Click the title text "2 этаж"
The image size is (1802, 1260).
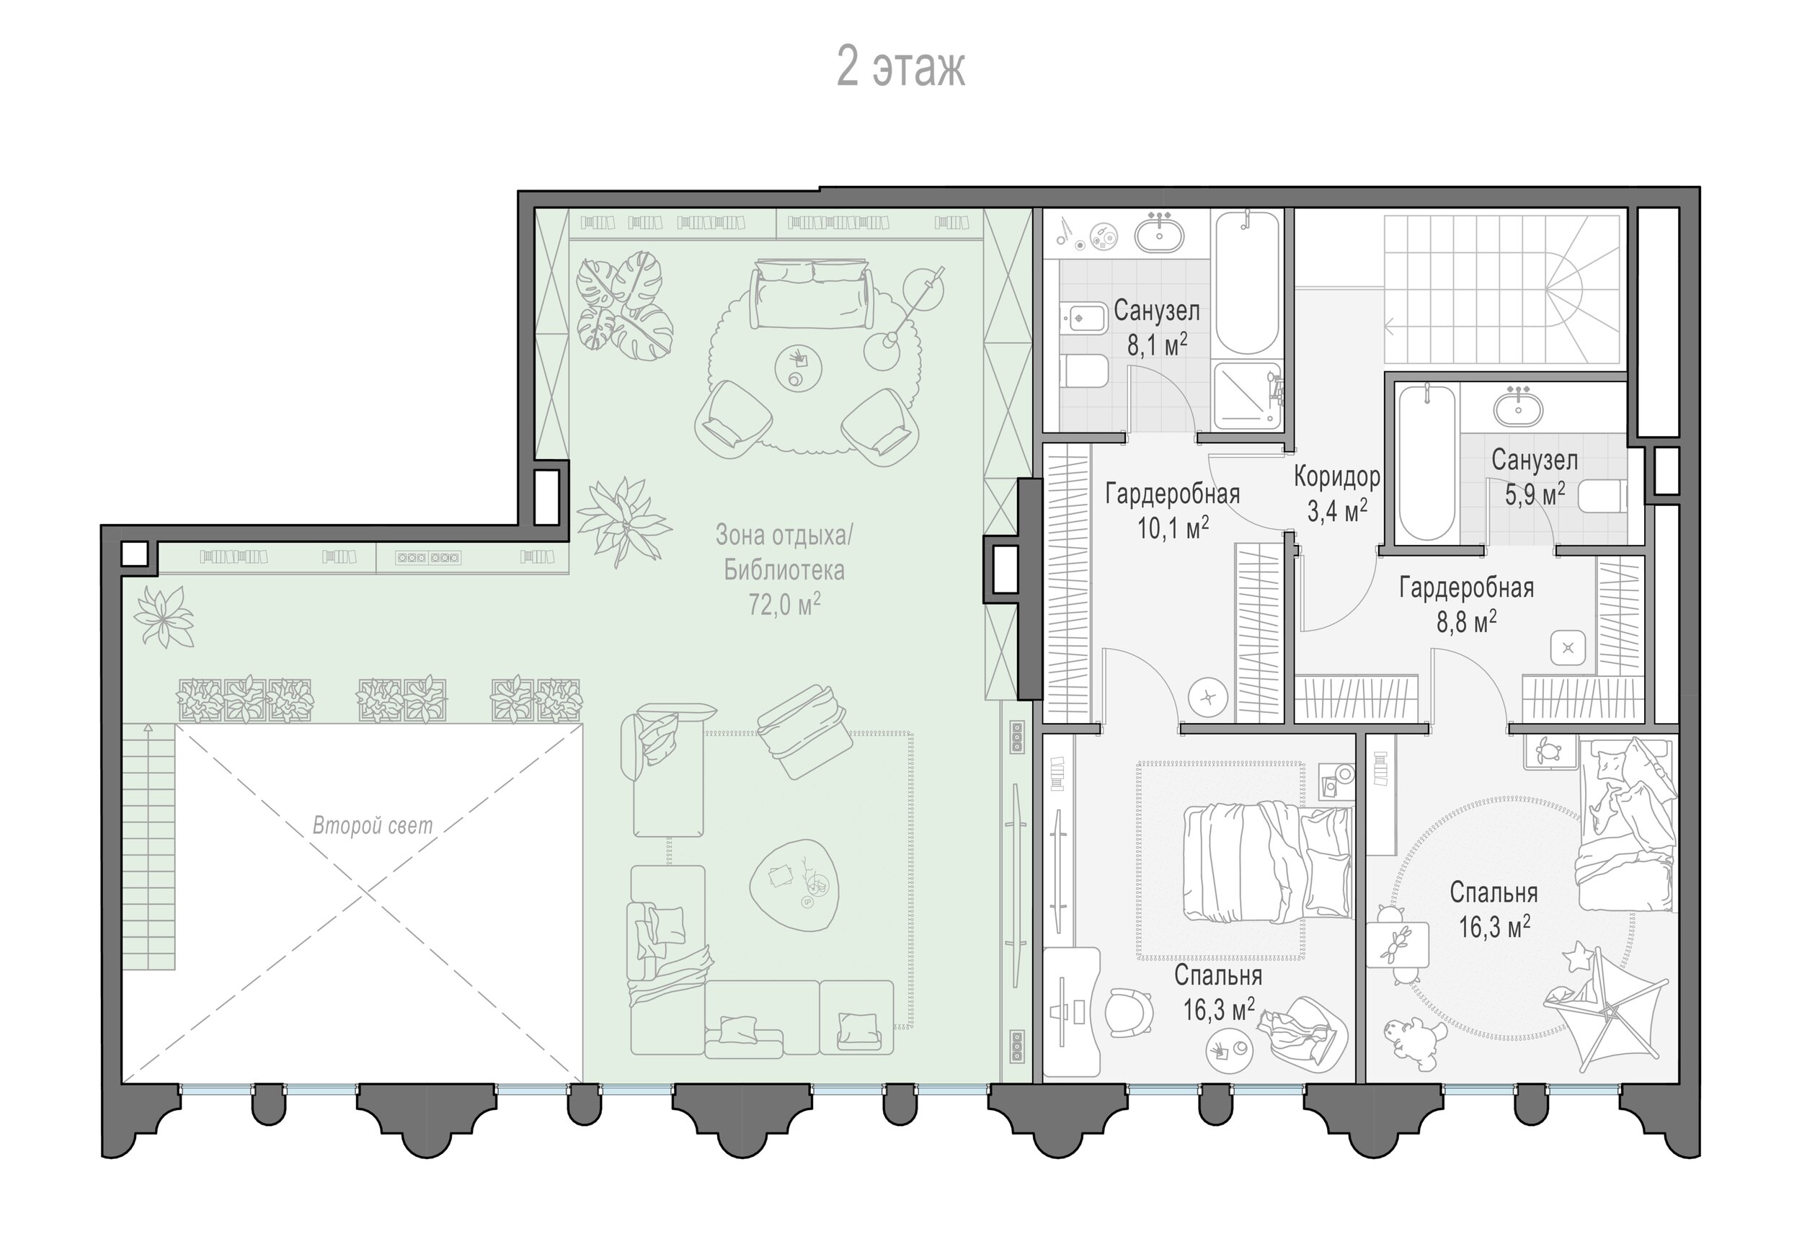tap(900, 68)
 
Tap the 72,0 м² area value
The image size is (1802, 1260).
tap(784, 604)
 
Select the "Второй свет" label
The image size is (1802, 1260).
tap(372, 825)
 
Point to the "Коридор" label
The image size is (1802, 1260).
tap(1336, 476)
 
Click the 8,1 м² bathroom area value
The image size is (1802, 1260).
tap(1157, 344)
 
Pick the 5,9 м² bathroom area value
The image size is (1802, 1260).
tap(1535, 494)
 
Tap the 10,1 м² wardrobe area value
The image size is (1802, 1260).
tap(1173, 528)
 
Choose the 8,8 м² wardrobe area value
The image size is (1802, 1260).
tap(1466, 622)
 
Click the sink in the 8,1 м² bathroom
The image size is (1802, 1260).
tap(1159, 232)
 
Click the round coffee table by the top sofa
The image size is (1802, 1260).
tap(799, 368)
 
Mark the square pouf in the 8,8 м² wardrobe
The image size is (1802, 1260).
tap(1568, 648)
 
